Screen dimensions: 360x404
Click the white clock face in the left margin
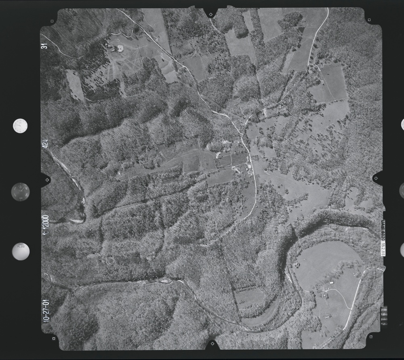20,126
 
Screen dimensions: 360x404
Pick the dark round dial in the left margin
20,191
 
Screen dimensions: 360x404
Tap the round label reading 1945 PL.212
21,251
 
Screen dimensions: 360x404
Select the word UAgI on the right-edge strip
383,221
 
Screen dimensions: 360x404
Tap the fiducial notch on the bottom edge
212,345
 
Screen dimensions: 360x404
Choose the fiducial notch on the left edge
45,179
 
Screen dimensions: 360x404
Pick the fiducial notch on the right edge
377,178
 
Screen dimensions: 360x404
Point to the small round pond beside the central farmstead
218,155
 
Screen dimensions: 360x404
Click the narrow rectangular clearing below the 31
76,85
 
